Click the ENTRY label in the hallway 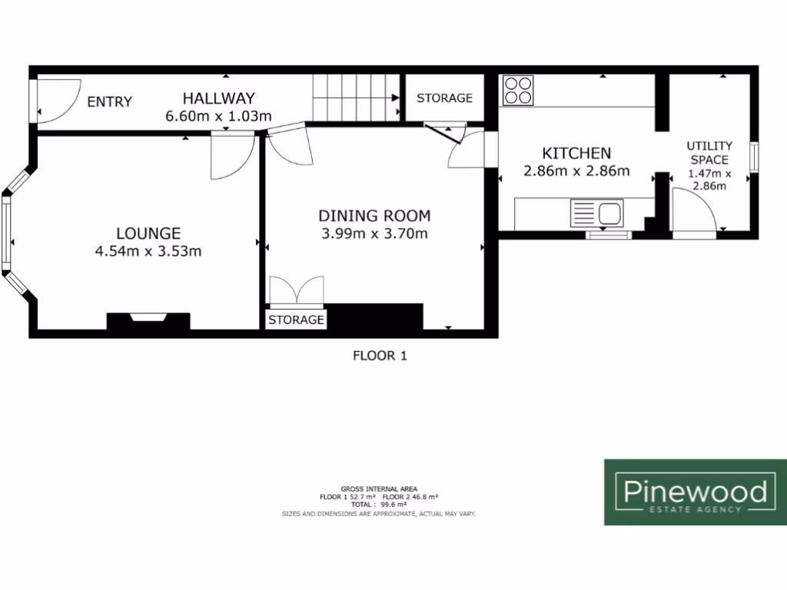click(x=109, y=102)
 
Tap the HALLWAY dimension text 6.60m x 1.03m click(x=218, y=117)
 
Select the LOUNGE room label click(x=148, y=233)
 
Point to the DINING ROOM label click(x=374, y=216)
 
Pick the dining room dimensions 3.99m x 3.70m click(x=374, y=234)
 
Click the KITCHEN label click(x=576, y=154)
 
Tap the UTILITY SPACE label click(x=709, y=152)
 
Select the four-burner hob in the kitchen click(x=519, y=90)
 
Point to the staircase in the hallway click(x=357, y=98)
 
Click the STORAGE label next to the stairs click(x=444, y=98)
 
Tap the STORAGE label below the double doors click(x=297, y=320)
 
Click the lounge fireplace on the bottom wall click(x=148, y=320)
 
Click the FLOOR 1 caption click(x=379, y=356)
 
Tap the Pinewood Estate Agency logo click(x=695, y=492)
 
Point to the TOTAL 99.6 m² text click(x=379, y=505)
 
